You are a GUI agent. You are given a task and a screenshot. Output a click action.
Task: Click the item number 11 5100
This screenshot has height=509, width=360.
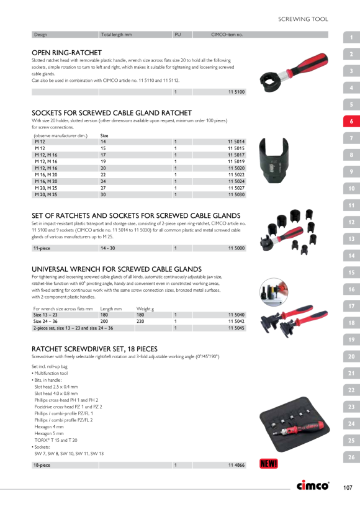point(236,92)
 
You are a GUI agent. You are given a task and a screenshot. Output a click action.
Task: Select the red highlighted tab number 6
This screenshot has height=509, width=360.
point(351,122)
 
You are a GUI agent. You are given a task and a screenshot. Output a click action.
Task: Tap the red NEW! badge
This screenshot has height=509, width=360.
point(269,464)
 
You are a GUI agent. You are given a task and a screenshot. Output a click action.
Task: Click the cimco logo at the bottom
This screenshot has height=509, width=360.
point(313,485)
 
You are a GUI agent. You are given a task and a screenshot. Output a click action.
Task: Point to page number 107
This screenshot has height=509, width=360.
point(348,487)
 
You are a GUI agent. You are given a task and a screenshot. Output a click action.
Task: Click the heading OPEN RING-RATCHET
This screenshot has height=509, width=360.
point(66,53)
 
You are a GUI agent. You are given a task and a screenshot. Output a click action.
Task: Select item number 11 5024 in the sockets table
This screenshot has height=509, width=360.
point(236,181)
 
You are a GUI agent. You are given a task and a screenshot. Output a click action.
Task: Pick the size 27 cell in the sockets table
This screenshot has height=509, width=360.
point(103,188)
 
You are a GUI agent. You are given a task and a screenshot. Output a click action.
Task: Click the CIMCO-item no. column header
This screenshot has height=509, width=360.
point(227,34)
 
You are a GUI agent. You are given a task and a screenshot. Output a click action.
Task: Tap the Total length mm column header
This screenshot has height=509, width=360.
point(117,34)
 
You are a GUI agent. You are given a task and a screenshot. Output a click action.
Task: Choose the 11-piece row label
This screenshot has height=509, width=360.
point(42,248)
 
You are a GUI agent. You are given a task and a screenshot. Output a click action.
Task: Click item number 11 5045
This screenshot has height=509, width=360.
point(236,328)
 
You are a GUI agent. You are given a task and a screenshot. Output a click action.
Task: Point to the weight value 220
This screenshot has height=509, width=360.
point(140,322)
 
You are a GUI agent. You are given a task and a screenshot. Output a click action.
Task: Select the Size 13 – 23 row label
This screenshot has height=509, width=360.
point(45,315)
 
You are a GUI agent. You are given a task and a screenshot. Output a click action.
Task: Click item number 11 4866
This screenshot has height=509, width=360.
point(236,465)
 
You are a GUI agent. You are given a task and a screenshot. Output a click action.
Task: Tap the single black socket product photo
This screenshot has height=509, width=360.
point(274,160)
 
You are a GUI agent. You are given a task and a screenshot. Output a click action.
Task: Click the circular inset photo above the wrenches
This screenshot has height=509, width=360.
point(274,292)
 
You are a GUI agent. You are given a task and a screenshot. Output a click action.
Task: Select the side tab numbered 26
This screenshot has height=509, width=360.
point(351,457)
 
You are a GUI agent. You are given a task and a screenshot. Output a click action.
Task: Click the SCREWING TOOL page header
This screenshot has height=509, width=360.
point(303,19)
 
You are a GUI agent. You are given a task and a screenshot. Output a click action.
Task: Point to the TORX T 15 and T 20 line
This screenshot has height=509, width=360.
point(56,440)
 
